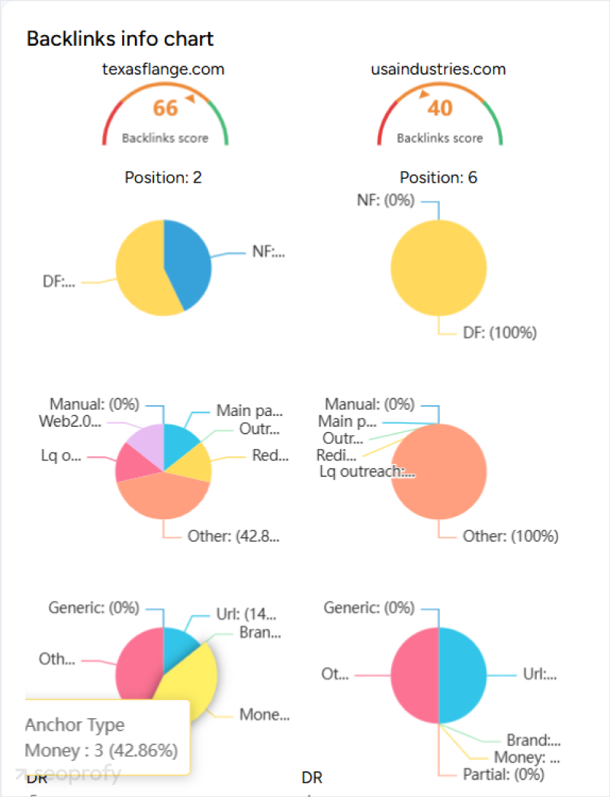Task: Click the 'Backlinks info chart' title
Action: click(x=120, y=39)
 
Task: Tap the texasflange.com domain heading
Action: click(x=163, y=69)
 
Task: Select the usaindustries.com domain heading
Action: click(x=438, y=69)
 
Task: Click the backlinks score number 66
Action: click(x=165, y=108)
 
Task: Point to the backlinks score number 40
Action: click(x=439, y=108)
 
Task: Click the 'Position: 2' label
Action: click(x=163, y=178)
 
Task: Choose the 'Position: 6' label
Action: click(x=438, y=178)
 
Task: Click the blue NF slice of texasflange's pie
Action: click(x=187, y=260)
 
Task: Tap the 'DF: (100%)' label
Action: click(x=499, y=333)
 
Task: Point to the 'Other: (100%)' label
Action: click(x=510, y=537)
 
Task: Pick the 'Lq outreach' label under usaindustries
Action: click(x=368, y=471)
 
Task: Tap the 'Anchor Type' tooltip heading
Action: click(x=74, y=725)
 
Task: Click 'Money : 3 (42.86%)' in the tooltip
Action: click(x=101, y=750)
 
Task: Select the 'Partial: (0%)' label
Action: click(x=503, y=774)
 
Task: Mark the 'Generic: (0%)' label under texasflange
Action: click(x=94, y=608)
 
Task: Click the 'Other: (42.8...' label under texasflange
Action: click(x=233, y=536)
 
